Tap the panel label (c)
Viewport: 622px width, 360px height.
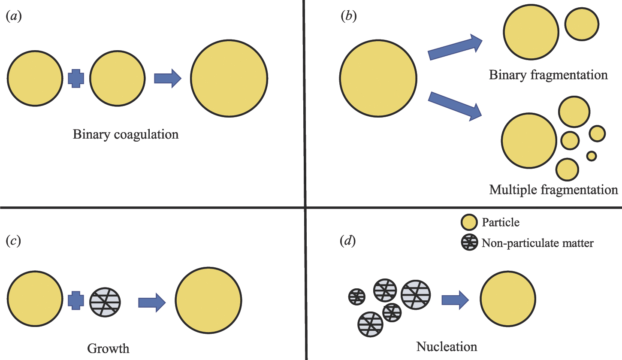pyautogui.click(x=14, y=241)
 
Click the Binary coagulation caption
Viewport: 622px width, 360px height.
pyautogui.click(x=126, y=134)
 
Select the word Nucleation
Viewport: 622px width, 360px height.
pyautogui.click(x=447, y=346)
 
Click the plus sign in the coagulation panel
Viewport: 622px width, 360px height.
pyautogui.click(x=76, y=78)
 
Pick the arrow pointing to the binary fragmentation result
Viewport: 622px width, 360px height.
pyautogui.click(x=456, y=48)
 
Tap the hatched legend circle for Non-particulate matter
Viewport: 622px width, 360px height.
pyautogui.click(x=469, y=243)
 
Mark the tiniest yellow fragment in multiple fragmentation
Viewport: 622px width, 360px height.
pyautogui.click(x=592, y=156)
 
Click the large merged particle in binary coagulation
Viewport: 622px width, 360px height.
pyautogui.click(x=229, y=78)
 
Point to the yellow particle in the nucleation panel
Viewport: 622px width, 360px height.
pyautogui.click(x=507, y=299)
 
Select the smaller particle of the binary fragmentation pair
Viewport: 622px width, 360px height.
pyautogui.click(x=582, y=25)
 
